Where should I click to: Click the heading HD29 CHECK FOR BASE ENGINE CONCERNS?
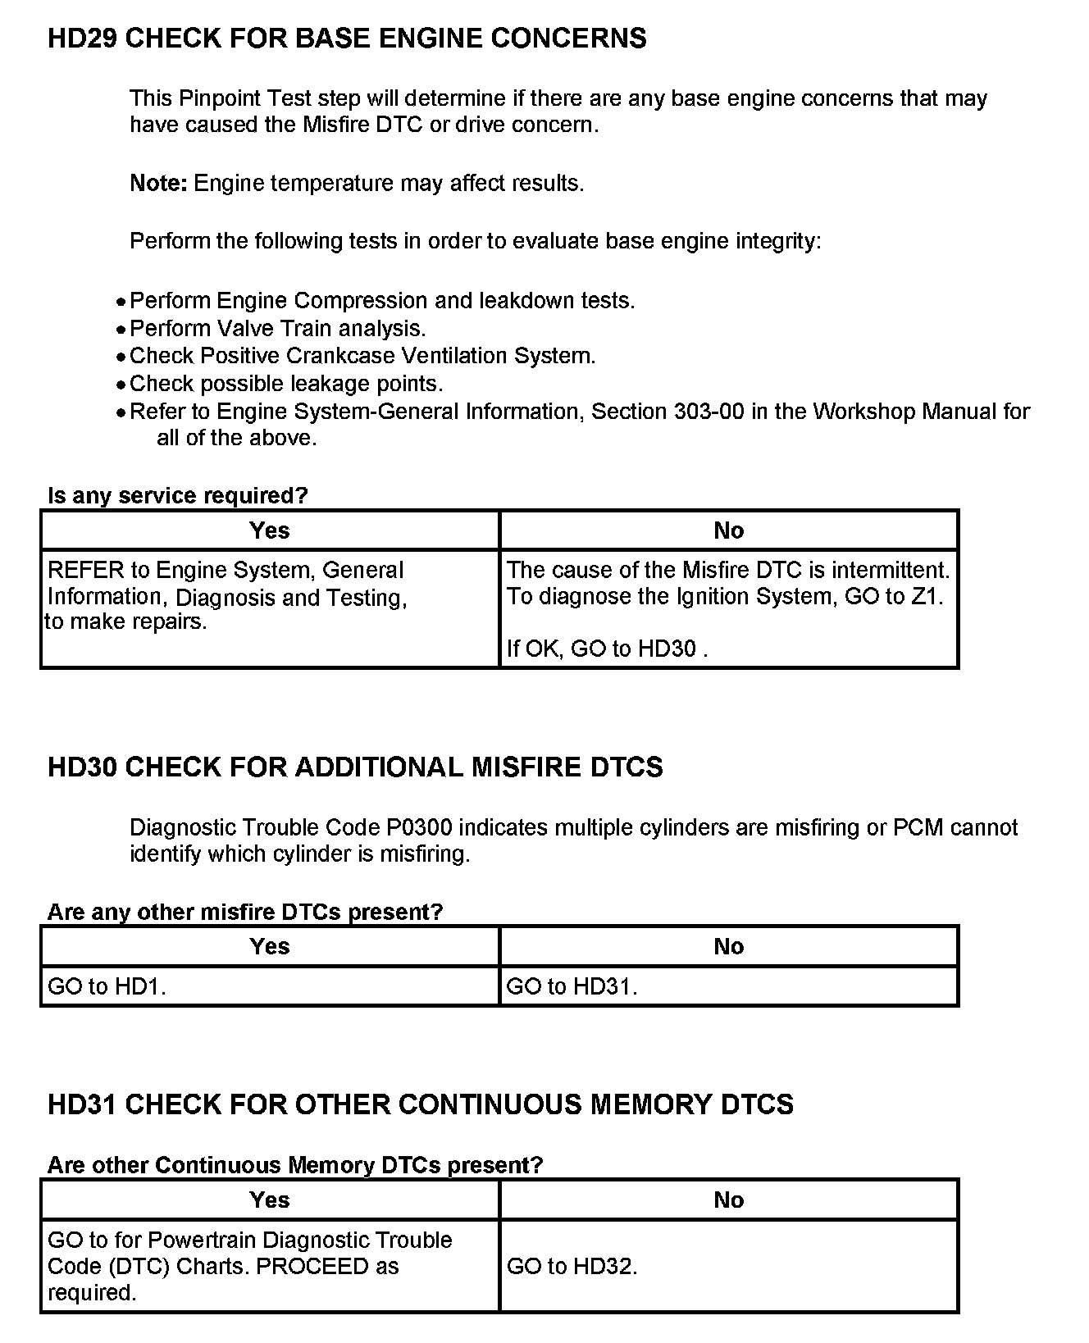click(347, 39)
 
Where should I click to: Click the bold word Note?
click(159, 183)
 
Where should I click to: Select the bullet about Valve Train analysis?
click(278, 329)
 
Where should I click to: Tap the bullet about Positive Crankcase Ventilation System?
click(362, 356)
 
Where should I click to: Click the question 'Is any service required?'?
click(177, 496)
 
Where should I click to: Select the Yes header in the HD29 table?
click(270, 530)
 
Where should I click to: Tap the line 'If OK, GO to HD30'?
click(607, 649)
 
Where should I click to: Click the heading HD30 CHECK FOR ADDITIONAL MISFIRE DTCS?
click(355, 767)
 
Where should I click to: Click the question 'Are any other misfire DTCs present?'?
click(244, 912)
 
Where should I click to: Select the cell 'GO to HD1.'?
click(107, 986)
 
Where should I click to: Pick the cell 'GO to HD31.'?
click(572, 986)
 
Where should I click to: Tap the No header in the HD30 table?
click(728, 947)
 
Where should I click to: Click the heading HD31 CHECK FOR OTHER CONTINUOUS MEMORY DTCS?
click(420, 1104)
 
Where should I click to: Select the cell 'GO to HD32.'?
click(572, 1267)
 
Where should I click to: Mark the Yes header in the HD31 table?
click(270, 1200)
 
